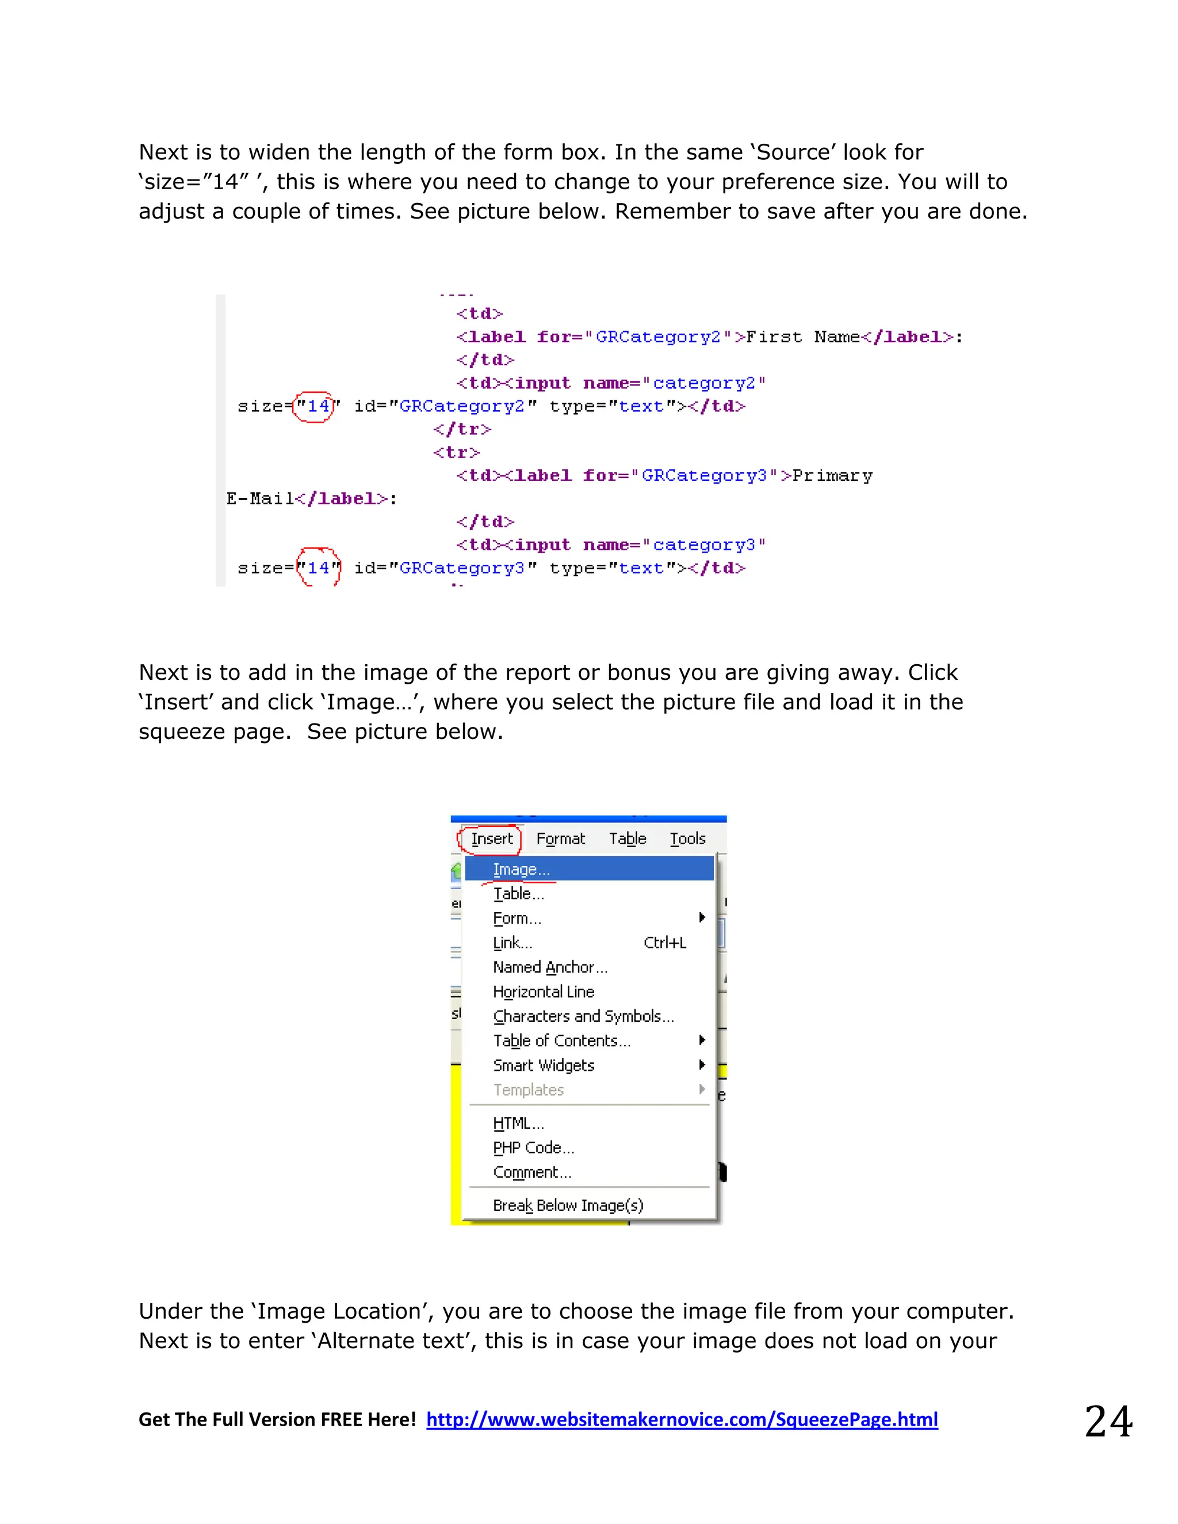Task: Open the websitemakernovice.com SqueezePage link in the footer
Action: (682, 1420)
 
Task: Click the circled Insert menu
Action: (491, 838)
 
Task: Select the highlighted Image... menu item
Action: (521, 870)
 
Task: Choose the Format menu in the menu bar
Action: (560, 838)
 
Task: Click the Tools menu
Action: (687, 838)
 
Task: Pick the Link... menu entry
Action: (512, 943)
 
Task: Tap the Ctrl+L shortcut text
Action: (664, 943)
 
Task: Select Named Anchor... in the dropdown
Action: (550, 967)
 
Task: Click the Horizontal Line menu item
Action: (543, 991)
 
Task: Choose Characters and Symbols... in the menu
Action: (583, 1016)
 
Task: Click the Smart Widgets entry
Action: (543, 1066)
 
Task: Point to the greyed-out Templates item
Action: (528, 1090)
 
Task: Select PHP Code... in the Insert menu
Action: (533, 1148)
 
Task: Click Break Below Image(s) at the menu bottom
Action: (567, 1206)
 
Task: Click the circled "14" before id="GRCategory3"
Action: (318, 568)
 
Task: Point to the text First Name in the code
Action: (802, 337)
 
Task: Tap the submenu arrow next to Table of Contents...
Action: (702, 1040)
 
